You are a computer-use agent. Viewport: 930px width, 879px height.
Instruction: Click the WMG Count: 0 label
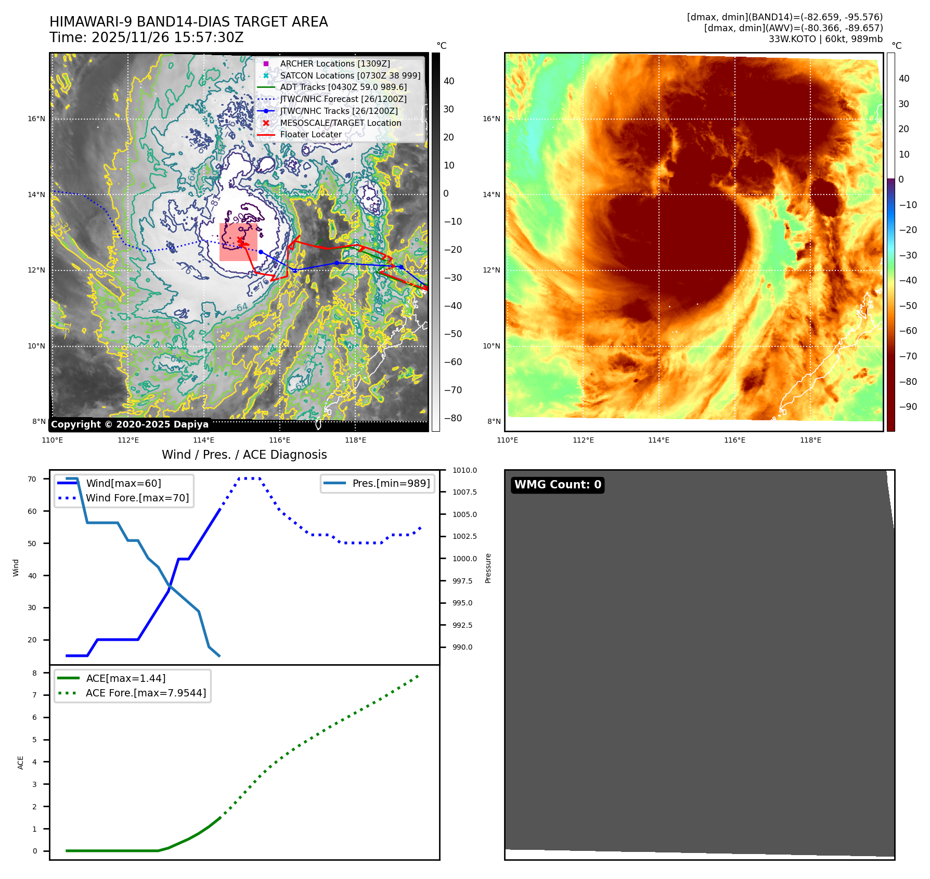(557, 485)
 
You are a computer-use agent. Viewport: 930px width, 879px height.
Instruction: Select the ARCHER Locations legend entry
(334, 63)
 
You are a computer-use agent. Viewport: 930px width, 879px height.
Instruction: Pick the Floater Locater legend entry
(311, 135)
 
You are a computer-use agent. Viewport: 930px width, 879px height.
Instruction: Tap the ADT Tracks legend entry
(343, 87)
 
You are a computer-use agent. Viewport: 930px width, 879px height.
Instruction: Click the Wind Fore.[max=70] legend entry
(137, 498)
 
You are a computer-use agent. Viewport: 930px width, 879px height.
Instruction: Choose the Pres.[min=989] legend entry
(391, 483)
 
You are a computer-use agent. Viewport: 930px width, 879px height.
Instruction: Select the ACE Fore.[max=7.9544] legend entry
(146, 693)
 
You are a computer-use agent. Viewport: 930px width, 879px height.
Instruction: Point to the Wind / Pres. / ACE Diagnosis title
(244, 455)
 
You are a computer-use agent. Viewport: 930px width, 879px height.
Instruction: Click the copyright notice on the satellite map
(130, 424)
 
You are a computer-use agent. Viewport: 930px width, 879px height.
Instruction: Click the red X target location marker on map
(240, 240)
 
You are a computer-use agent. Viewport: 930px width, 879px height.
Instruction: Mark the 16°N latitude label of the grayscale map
(36, 119)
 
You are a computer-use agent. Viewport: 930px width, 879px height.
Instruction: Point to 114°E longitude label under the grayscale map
(204, 440)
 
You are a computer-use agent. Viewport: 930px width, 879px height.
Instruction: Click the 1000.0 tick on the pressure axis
(464, 559)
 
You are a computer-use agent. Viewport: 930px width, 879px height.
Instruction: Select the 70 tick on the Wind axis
(32, 479)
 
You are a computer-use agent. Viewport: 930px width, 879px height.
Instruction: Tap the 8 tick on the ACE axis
(35, 673)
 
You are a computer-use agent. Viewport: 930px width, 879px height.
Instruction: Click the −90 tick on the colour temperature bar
(908, 407)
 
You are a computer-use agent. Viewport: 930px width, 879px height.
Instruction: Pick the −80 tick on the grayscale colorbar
(453, 418)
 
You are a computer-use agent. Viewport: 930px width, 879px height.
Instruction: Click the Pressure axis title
(488, 568)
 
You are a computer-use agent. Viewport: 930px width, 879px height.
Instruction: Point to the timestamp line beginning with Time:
(146, 37)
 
